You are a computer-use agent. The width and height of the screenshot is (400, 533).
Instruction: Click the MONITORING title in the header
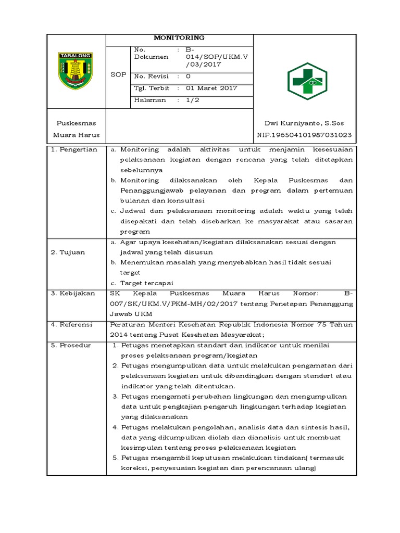(x=179, y=38)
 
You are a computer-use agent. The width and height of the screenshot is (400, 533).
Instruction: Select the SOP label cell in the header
(x=118, y=75)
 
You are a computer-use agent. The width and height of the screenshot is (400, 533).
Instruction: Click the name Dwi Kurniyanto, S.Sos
(x=304, y=123)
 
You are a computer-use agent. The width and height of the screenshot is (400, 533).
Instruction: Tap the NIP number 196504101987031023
(x=304, y=135)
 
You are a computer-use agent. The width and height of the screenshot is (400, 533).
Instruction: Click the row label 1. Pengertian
(x=74, y=150)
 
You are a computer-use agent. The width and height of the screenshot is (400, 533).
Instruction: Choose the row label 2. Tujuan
(x=68, y=252)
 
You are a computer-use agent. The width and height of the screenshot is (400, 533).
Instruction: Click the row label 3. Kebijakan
(x=73, y=294)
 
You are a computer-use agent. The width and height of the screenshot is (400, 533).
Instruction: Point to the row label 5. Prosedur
(x=72, y=345)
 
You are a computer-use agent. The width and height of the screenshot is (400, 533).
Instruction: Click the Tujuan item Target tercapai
(x=144, y=283)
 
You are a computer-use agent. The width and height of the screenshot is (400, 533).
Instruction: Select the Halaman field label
(x=150, y=100)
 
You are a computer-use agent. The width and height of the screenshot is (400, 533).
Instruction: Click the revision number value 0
(x=188, y=76)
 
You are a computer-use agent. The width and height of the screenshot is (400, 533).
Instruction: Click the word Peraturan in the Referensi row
(x=127, y=324)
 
